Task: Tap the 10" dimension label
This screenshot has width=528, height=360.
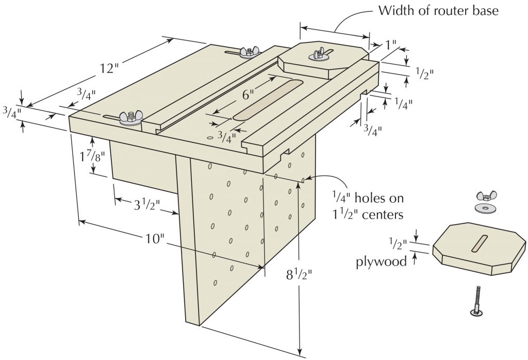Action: point(154,239)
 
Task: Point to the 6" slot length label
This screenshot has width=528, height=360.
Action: point(249,94)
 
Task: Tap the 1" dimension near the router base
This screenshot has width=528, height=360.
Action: point(392,45)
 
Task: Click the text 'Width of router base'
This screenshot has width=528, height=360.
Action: point(438,10)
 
